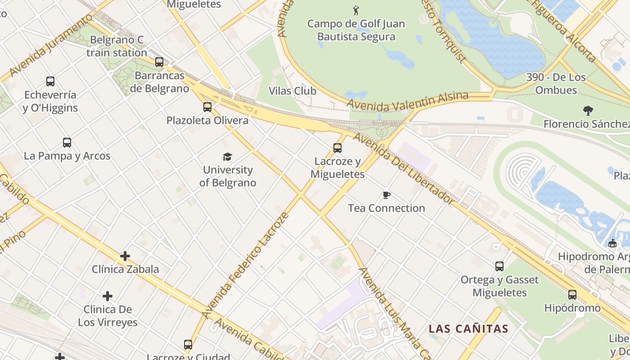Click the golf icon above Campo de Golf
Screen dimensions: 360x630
coord(356,10)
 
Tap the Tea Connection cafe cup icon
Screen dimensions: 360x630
coord(386,195)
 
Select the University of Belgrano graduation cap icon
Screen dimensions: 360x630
coord(227,157)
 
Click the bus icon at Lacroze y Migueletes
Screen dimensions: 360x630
coord(337,148)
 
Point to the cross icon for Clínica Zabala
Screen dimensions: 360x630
coord(125,256)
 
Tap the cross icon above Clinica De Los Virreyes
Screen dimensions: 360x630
coord(108,296)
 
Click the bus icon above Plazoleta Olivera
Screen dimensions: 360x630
coord(207,107)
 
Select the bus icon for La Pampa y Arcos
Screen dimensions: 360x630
coord(67,143)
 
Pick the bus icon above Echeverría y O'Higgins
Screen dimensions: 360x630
coord(50,81)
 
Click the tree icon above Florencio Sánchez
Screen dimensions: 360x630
coord(588,110)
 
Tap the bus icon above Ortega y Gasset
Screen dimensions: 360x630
coord(499,266)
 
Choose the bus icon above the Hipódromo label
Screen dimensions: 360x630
coord(572,295)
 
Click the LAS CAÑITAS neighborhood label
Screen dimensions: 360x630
coord(468,328)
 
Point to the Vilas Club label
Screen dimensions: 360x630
coord(292,91)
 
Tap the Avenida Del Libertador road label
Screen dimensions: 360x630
coord(403,169)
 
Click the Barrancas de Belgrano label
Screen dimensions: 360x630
coord(160,82)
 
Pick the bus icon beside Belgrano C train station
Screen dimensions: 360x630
coord(159,62)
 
